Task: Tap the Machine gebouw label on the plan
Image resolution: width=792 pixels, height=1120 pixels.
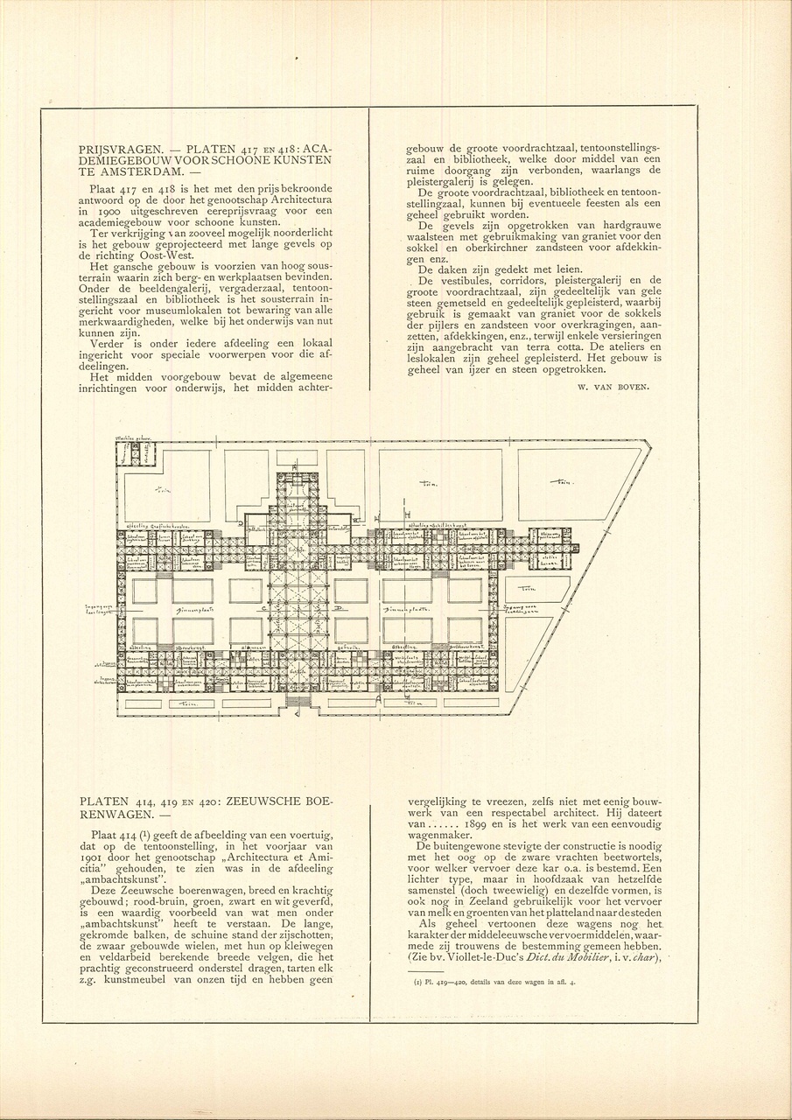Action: tap(130, 438)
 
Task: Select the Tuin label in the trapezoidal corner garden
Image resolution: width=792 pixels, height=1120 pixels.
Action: tap(559, 482)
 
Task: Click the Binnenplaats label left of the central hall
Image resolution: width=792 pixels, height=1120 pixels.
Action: tap(196, 609)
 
